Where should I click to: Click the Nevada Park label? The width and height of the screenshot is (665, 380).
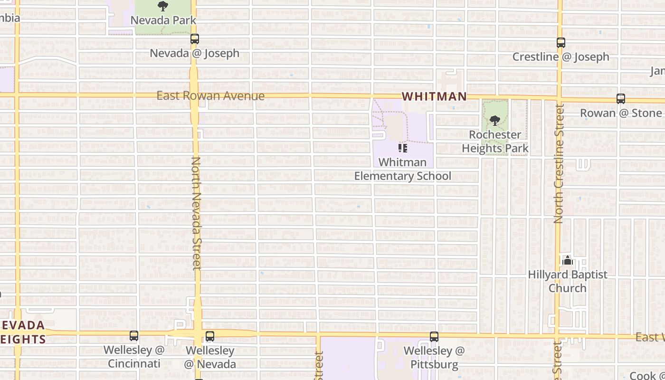pyautogui.click(x=163, y=20)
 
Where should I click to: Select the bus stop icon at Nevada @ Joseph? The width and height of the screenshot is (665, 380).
pyautogui.click(x=194, y=39)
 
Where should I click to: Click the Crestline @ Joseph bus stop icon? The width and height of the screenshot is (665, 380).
pyautogui.click(x=560, y=43)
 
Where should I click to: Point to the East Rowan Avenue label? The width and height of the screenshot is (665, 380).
pyautogui.click(x=210, y=96)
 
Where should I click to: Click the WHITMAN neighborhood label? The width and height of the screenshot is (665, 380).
pyautogui.click(x=434, y=96)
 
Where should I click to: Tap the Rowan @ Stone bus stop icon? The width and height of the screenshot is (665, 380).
pyautogui.click(x=620, y=99)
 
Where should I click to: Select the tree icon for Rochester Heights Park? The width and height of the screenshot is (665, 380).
pyautogui.click(x=494, y=121)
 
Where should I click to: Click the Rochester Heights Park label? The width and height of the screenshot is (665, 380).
pyautogui.click(x=495, y=142)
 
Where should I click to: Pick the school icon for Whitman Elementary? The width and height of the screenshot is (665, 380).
pyautogui.click(x=403, y=148)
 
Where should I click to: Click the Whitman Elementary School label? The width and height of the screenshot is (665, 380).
pyautogui.click(x=403, y=169)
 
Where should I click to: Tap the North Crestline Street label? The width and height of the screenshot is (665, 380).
pyautogui.click(x=559, y=164)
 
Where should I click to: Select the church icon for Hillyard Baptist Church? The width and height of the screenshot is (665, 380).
pyautogui.click(x=567, y=261)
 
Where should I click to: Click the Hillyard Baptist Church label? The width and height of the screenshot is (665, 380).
pyautogui.click(x=568, y=281)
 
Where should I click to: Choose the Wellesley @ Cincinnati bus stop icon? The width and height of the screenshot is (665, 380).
pyautogui.click(x=134, y=336)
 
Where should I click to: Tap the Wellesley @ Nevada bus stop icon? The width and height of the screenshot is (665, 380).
pyautogui.click(x=209, y=336)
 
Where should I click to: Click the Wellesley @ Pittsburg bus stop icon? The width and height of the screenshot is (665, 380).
pyautogui.click(x=434, y=337)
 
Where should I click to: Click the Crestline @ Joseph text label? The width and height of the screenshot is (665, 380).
pyautogui.click(x=560, y=57)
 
